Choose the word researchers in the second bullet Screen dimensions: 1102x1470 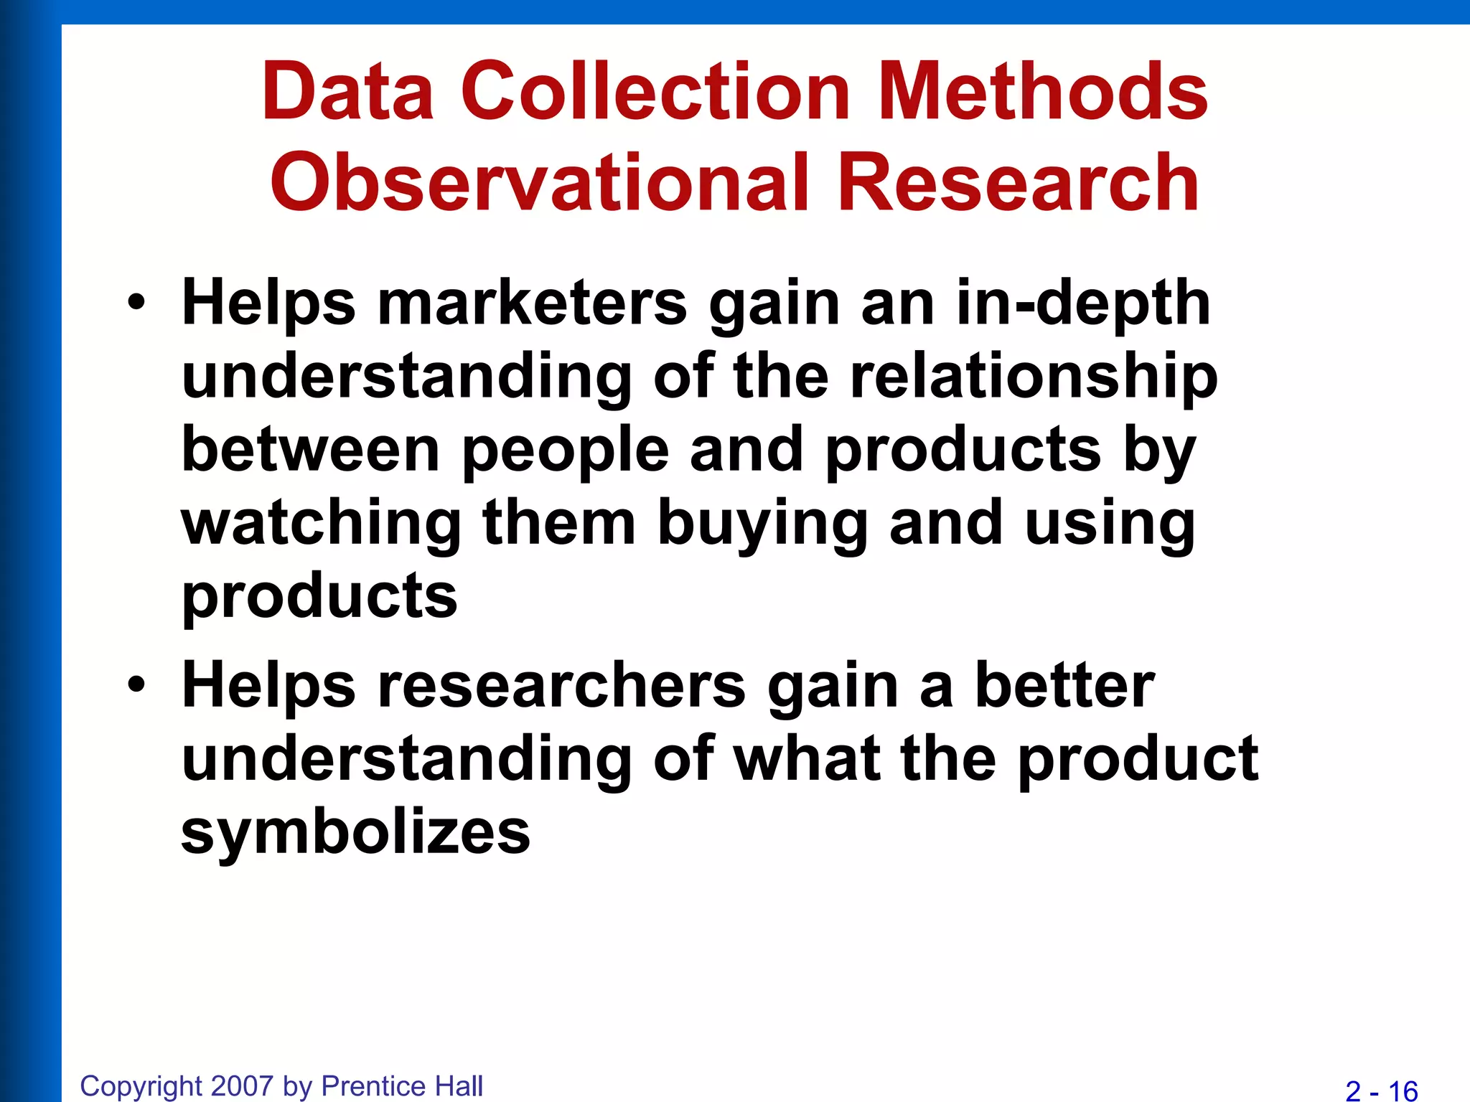coord(561,686)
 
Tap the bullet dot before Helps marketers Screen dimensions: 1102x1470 coord(136,303)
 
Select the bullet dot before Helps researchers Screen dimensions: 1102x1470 coord(136,686)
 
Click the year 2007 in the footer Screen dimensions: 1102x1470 coord(243,1085)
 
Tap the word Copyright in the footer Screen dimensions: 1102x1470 coord(141,1086)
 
